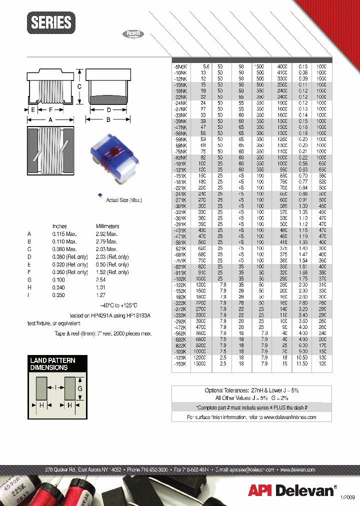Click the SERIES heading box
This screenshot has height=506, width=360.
pos(51,22)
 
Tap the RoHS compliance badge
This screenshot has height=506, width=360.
pos(133,34)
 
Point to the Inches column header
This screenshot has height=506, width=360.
pos(59,226)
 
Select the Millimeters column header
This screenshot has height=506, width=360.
pos(107,226)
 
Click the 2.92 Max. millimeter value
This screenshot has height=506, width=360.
pos(106,234)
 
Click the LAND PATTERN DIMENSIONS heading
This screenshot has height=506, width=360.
pos(52,363)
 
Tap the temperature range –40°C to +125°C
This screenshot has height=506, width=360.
pos(118,305)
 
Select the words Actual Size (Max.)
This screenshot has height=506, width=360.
pos(124,200)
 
